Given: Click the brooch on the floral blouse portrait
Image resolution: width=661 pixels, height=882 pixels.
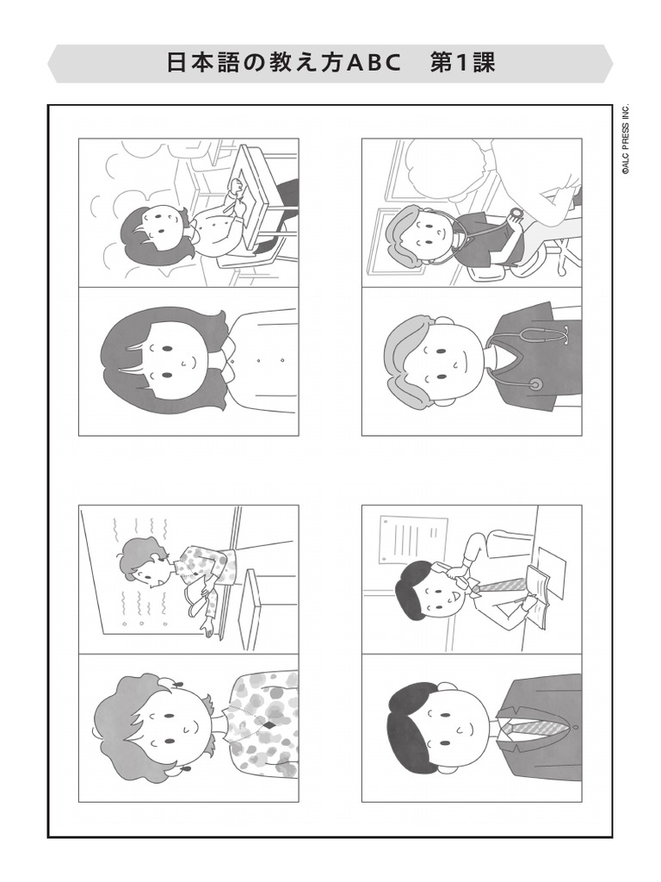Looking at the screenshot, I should [269, 725].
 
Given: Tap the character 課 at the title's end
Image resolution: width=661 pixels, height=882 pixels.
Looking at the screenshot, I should [484, 64].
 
